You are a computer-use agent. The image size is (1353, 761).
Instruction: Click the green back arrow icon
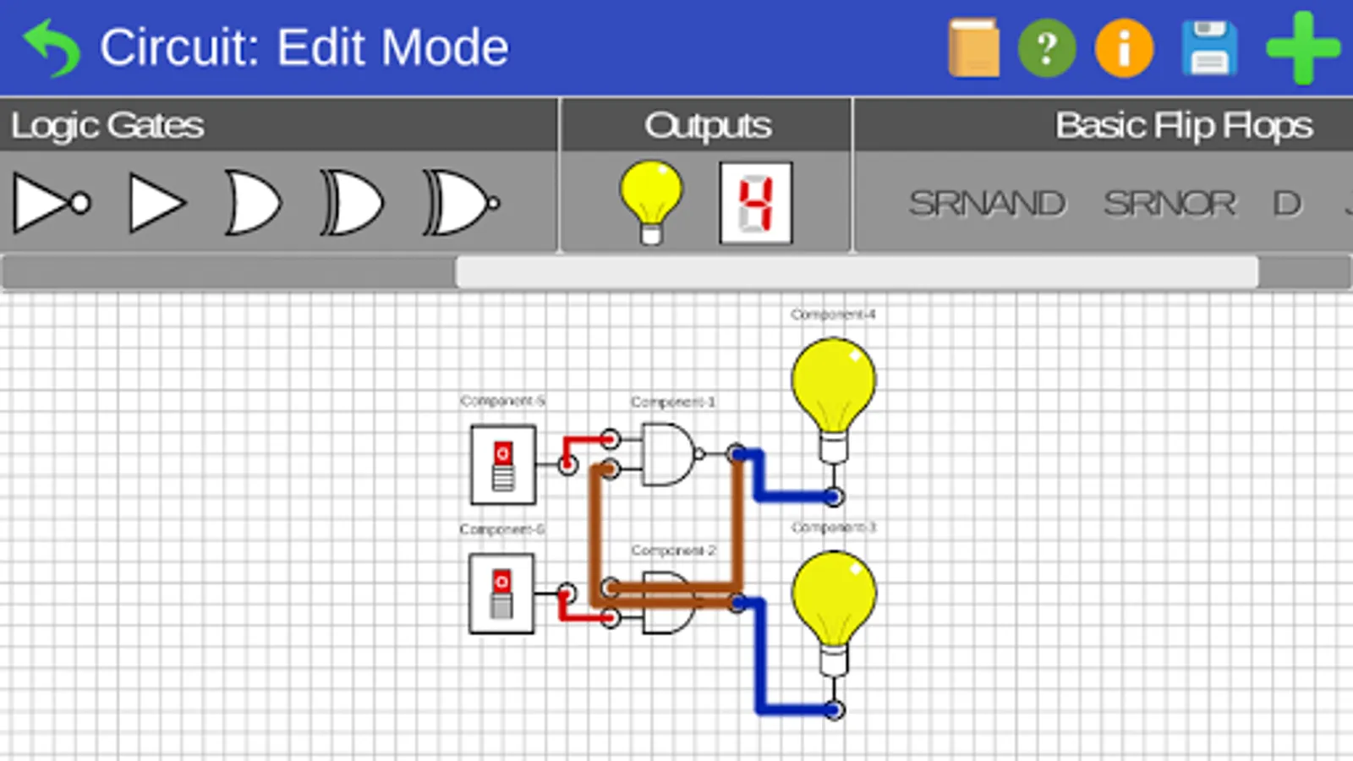click(52, 47)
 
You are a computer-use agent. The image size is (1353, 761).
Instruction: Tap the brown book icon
click(973, 48)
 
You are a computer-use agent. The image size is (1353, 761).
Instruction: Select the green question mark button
click(1047, 48)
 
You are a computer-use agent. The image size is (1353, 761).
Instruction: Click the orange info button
click(1124, 48)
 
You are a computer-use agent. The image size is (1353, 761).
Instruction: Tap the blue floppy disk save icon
click(1209, 48)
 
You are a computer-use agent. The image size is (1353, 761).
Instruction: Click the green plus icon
click(1302, 48)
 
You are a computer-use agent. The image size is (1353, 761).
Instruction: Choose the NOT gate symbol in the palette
click(51, 203)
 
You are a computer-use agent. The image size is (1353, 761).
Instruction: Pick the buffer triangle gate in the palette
click(156, 203)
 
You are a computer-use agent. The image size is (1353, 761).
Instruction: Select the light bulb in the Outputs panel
click(650, 201)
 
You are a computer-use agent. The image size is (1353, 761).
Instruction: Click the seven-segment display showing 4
click(755, 203)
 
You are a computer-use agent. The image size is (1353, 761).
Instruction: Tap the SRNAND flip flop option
click(987, 204)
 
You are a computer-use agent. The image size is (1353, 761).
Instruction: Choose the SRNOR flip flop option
click(1169, 204)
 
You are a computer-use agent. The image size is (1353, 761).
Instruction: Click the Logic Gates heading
click(107, 125)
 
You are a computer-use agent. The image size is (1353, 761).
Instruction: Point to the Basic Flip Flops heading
click(1183, 125)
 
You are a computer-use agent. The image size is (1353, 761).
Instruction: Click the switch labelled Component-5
click(503, 464)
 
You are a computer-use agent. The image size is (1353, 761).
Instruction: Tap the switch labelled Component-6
click(501, 594)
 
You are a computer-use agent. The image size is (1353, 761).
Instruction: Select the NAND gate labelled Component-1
click(669, 454)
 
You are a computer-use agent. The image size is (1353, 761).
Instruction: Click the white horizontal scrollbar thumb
click(857, 272)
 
